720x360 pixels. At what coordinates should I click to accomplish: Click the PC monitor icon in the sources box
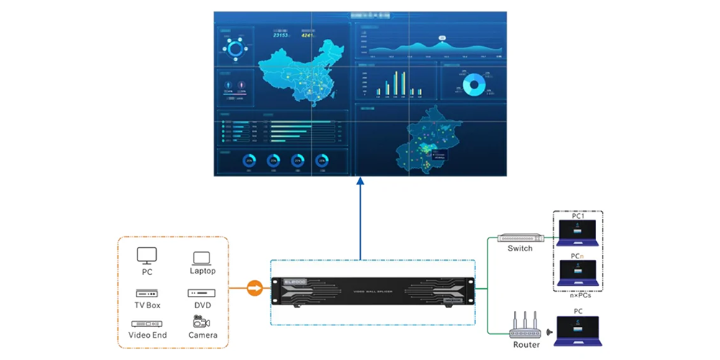(147, 256)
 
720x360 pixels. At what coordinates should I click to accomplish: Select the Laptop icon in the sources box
(202, 257)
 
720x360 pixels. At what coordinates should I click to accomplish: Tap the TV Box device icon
(147, 293)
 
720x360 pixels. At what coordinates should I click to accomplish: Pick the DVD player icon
(202, 293)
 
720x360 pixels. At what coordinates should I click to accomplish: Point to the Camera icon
(202, 322)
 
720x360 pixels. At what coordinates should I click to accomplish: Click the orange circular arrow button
(254, 289)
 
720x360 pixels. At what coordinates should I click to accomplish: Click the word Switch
(520, 249)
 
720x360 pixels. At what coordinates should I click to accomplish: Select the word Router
(526, 345)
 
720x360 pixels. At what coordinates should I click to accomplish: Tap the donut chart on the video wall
(473, 84)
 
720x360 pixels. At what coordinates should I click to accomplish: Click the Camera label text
(202, 336)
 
